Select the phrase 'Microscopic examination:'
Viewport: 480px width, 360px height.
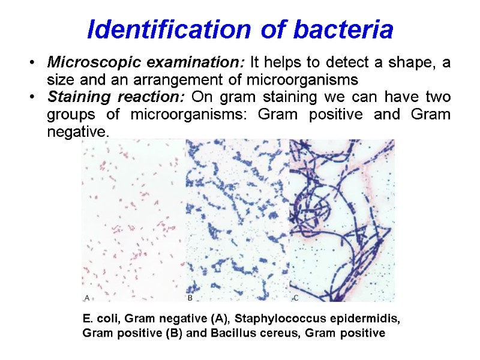(146, 63)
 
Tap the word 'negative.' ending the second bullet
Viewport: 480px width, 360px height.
(78, 132)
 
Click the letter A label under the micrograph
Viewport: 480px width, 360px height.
(87, 297)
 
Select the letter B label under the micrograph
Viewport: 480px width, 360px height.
(190, 297)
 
